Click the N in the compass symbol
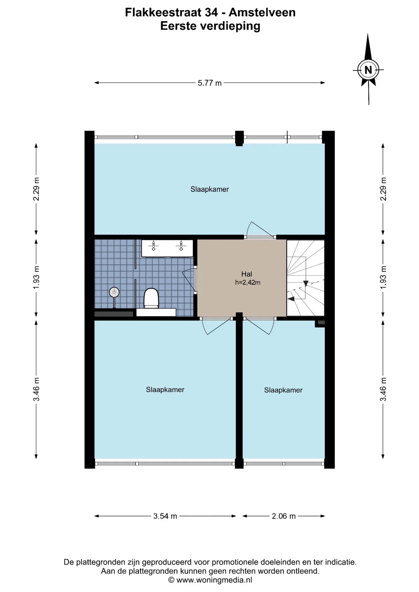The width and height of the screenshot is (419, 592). pos(368,70)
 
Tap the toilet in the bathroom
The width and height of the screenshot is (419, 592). pos(151,298)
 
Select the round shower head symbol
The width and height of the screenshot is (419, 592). pos(114,292)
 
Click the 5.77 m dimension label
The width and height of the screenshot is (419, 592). pos(210,83)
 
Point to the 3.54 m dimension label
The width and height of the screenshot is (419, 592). pos(165,516)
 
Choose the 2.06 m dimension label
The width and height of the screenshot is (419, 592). pos(284,516)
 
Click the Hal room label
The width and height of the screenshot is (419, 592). pos(247,274)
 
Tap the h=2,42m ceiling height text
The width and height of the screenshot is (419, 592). pos(248,282)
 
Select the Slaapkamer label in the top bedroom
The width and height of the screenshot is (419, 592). pos(210,189)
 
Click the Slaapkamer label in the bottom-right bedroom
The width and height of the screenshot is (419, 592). pos(283,390)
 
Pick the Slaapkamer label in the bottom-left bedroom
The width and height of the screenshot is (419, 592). pos(165,390)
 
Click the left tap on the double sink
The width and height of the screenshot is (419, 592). pos(153,246)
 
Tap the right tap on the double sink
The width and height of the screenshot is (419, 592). pos(181,246)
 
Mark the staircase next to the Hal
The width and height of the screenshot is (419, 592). pos(305,278)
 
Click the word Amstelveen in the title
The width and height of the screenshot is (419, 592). pos(262,12)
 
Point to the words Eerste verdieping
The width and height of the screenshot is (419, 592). pos(210,26)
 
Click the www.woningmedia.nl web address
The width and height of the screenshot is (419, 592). pos(214,580)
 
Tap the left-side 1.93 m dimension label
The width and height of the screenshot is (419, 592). pos(36,278)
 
